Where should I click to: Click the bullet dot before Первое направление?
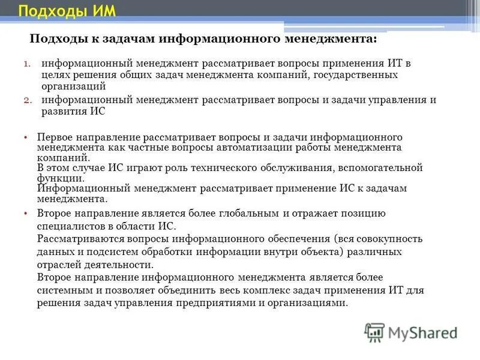tap(26, 137)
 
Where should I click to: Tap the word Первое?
tap(55, 137)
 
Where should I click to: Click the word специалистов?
tap(67, 226)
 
